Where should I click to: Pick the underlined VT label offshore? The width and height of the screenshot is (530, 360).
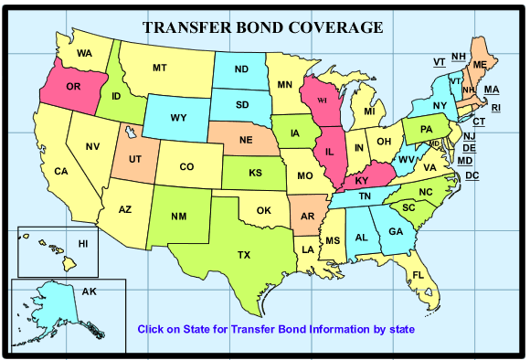click(439, 61)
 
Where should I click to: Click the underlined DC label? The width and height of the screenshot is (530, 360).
click(472, 175)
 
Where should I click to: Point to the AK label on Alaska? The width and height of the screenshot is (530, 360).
click(90, 291)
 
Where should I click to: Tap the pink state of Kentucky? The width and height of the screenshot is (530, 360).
click(365, 180)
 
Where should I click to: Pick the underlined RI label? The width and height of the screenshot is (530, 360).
click(496, 108)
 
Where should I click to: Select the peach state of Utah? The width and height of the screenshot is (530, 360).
click(134, 158)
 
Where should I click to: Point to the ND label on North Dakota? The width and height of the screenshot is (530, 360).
click(243, 69)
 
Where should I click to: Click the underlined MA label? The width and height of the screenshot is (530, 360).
click(492, 89)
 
